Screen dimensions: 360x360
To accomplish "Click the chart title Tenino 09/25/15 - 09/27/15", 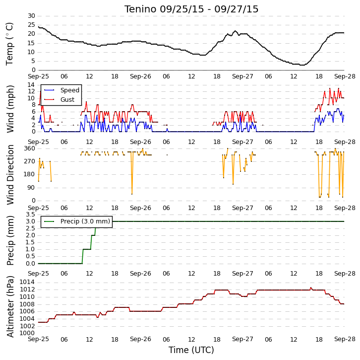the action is pos(191,9).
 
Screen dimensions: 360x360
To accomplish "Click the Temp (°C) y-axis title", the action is pos(9,44).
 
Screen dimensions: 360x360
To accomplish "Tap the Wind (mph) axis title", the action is pos(10,109).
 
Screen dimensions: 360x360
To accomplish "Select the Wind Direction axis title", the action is pos(10,175).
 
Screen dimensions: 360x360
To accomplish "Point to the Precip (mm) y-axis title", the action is pos(10,240).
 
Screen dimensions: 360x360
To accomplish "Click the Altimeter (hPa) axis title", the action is pos(10,307).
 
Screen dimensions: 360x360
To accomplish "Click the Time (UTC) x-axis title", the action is pos(191,350).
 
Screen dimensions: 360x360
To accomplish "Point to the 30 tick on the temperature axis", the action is pos(31,16).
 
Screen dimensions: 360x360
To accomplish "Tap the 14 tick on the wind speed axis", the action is pos(31,85).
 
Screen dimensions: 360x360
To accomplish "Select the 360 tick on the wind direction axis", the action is pos(30,148).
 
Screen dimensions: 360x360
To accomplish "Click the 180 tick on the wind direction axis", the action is pos(30,174).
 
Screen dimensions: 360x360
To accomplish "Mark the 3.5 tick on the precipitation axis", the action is pos(31,215).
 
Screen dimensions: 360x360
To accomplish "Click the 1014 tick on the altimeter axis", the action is pos(27,282).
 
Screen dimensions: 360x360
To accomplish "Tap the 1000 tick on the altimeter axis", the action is pos(27,333).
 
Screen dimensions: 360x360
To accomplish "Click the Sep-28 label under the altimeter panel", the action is pos(345,339).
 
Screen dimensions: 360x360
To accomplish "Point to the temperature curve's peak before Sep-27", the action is pos(235,31).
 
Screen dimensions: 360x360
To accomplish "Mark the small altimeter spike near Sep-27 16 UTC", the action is pos(311,288).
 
